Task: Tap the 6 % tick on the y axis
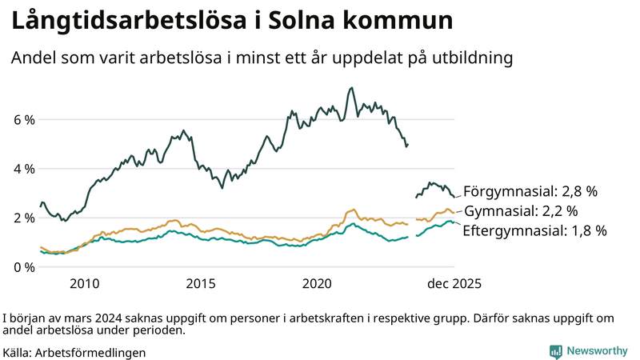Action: [x=24, y=120]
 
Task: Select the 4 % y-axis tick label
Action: [x=24, y=169]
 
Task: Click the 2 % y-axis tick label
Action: [x=24, y=218]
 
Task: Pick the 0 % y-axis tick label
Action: [x=24, y=266]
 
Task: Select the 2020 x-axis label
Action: [x=318, y=283]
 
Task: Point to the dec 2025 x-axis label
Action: [x=453, y=283]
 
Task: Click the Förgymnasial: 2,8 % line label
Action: [x=530, y=191]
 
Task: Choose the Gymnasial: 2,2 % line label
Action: [x=521, y=211]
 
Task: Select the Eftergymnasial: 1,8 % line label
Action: [x=534, y=231]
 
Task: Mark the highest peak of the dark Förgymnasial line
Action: [x=352, y=88]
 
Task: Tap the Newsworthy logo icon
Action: [x=555, y=350]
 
